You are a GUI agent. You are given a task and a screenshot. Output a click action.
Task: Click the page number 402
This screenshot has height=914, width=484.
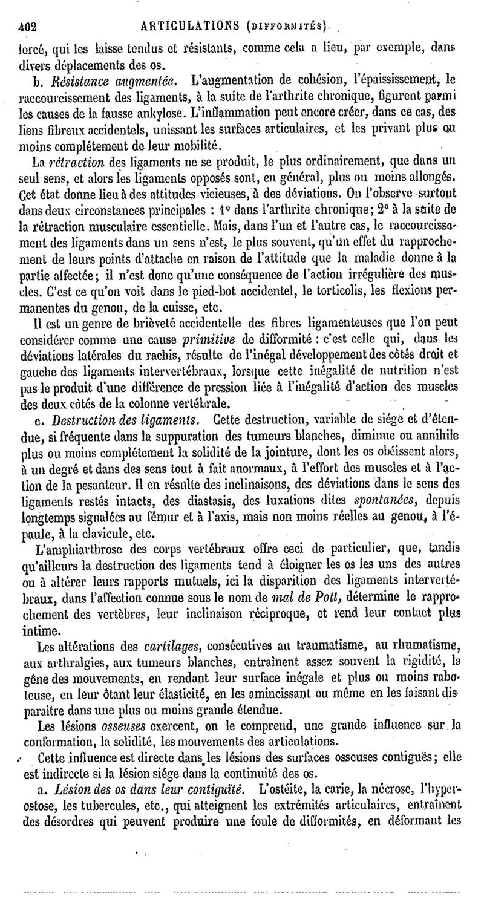pos(27,26)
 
